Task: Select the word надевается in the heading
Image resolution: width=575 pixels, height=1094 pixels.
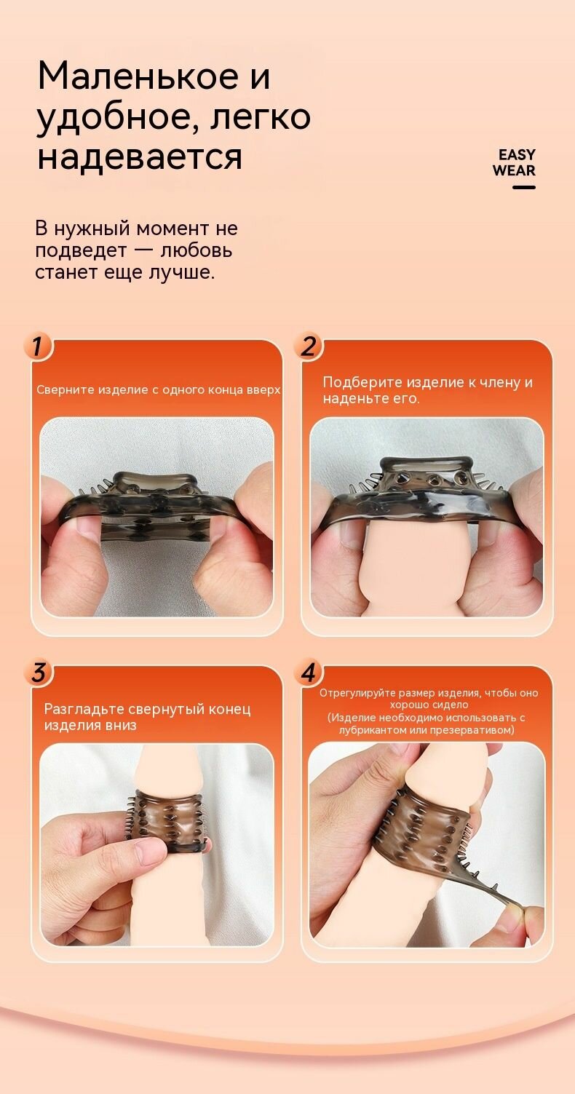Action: coord(140,157)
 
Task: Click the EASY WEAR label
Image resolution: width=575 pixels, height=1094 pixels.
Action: coord(514,162)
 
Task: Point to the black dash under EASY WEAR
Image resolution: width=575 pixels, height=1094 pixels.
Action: coord(524,187)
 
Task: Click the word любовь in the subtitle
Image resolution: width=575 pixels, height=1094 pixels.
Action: coord(197,250)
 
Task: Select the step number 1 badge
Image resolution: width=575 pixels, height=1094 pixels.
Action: coord(37,346)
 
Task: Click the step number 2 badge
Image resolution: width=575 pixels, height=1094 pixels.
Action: coord(308,346)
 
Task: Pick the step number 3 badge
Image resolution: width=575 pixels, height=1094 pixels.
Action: coord(38,673)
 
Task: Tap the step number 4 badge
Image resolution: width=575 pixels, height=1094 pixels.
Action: coord(308,673)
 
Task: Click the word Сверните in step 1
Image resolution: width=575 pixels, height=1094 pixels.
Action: coord(66,389)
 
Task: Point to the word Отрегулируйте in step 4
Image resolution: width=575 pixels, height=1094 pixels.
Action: coord(357,692)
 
